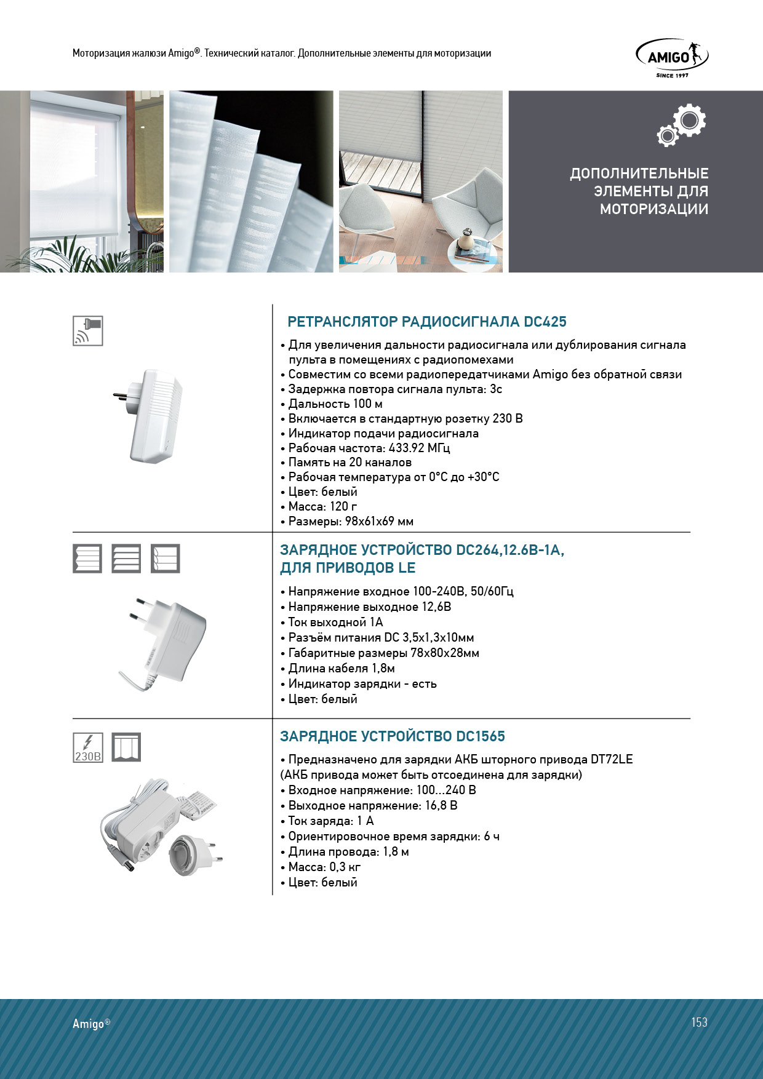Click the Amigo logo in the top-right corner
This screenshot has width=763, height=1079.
pyautogui.click(x=672, y=58)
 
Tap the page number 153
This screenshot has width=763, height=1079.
pyautogui.click(x=699, y=1022)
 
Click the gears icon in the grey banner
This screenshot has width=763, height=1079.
pyautogui.click(x=681, y=125)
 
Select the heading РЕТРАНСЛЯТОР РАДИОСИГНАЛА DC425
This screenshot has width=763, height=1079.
pyautogui.click(x=426, y=322)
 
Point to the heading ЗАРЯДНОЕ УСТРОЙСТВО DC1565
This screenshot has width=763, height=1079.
pyautogui.click(x=392, y=736)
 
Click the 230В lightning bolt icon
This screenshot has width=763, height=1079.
pyautogui.click(x=88, y=747)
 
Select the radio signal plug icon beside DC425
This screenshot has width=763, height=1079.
pyautogui.click(x=88, y=331)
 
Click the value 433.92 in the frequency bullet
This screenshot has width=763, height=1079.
pyautogui.click(x=406, y=448)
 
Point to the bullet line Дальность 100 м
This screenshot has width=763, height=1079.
pyautogui.click(x=335, y=404)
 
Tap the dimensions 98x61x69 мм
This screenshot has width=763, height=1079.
pyautogui.click(x=379, y=522)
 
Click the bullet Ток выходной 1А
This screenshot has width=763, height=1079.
pyautogui.click(x=335, y=623)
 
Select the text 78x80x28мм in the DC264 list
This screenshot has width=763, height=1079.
pyautogui.click(x=444, y=653)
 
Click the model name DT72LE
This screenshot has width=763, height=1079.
pyautogui.click(x=611, y=760)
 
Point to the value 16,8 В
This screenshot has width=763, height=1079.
pyautogui.click(x=441, y=806)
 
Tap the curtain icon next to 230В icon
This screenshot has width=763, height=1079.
pyautogui.click(x=126, y=747)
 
